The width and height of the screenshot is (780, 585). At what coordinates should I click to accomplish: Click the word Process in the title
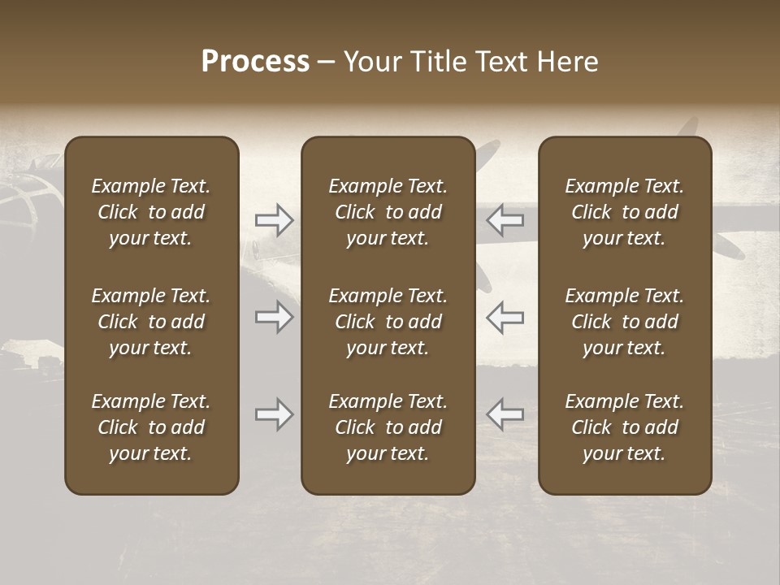[x=255, y=61]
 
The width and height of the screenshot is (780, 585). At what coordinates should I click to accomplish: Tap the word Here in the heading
[x=567, y=62]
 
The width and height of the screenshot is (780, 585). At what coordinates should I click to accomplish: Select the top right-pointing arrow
[x=275, y=219]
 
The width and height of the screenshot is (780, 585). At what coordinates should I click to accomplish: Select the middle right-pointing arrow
[x=275, y=317]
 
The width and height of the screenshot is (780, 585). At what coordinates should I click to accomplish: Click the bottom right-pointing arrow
[x=275, y=414]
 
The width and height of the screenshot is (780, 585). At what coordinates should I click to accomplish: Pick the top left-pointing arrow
[x=505, y=219]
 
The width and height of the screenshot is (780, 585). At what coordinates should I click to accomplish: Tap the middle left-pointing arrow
[x=505, y=317]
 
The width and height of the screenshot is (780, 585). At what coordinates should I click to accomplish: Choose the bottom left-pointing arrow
[x=505, y=414]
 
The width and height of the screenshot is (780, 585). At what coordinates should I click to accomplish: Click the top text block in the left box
[x=151, y=212]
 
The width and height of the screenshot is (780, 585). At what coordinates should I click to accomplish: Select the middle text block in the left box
[x=151, y=322]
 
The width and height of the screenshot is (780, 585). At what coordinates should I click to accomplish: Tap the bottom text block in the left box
[x=151, y=427]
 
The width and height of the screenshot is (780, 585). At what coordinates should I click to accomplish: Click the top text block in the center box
[x=388, y=212]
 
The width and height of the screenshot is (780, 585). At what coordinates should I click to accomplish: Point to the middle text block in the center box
[x=388, y=322]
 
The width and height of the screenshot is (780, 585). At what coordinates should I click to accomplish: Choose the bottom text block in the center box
[x=388, y=427]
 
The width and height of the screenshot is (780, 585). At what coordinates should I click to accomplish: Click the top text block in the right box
[x=624, y=212]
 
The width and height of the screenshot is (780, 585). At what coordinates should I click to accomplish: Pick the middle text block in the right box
[x=624, y=322]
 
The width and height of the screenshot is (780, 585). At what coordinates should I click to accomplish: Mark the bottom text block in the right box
[x=624, y=427]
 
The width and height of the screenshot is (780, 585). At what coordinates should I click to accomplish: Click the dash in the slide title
[x=327, y=63]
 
